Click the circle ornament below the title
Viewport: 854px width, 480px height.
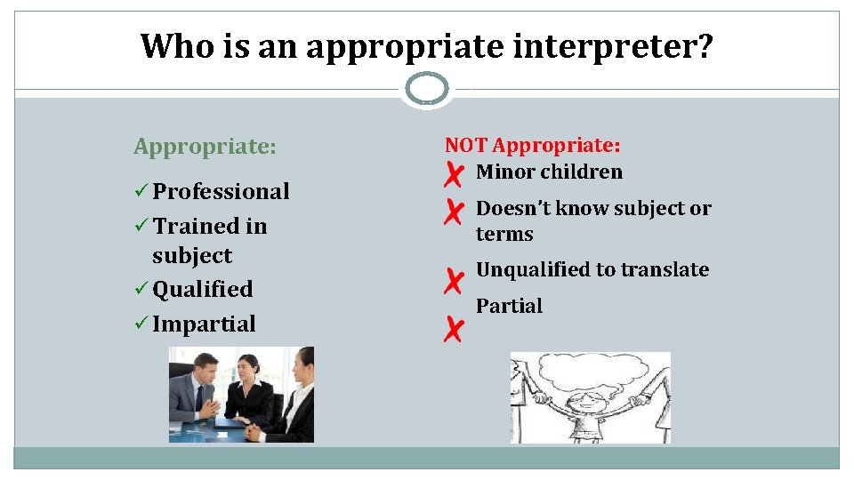[x=427, y=89]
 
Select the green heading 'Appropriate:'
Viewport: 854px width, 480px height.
[x=205, y=146]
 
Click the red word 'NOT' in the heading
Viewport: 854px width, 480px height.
[x=466, y=145]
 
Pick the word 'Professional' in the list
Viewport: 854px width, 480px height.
[x=221, y=191]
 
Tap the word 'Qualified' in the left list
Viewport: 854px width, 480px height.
[x=203, y=289]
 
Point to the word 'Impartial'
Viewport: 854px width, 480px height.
[x=204, y=324]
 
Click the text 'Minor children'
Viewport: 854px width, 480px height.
[x=549, y=172]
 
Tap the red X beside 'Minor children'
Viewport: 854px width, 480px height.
[x=453, y=175]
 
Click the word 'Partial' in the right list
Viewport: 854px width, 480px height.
[x=509, y=306]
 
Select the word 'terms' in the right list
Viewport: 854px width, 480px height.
[x=504, y=234]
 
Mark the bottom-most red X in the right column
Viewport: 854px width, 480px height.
[x=453, y=331]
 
